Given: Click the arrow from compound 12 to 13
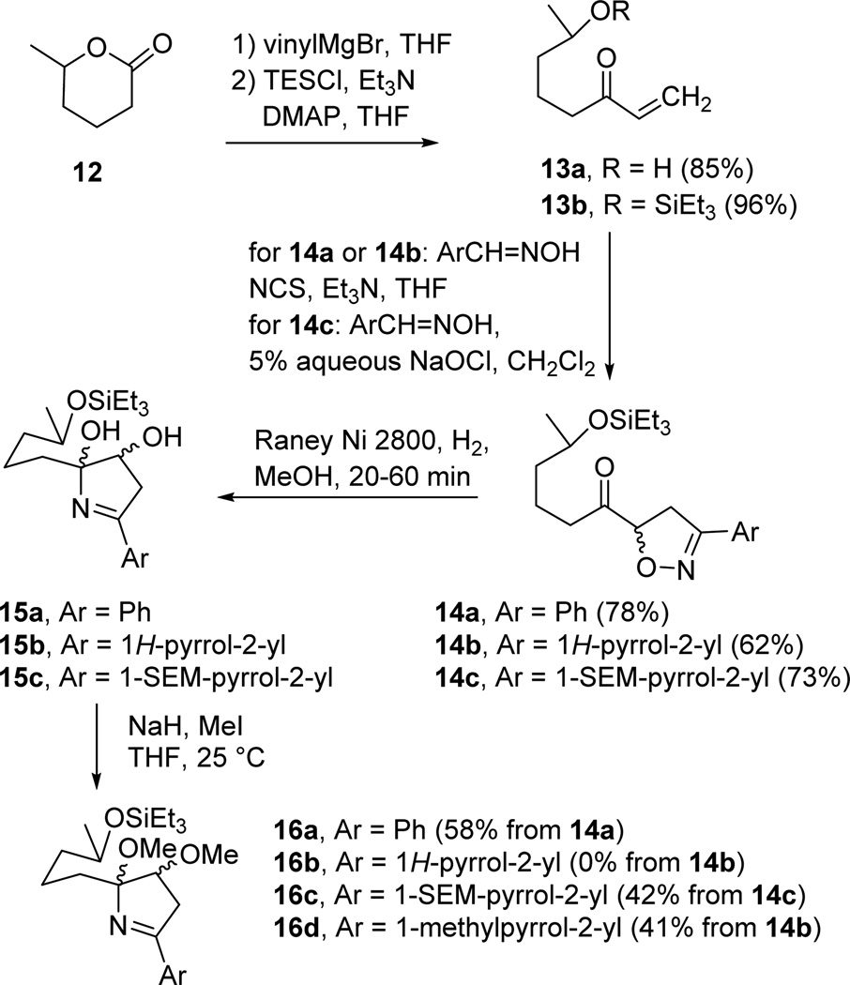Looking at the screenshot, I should tap(334, 144).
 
